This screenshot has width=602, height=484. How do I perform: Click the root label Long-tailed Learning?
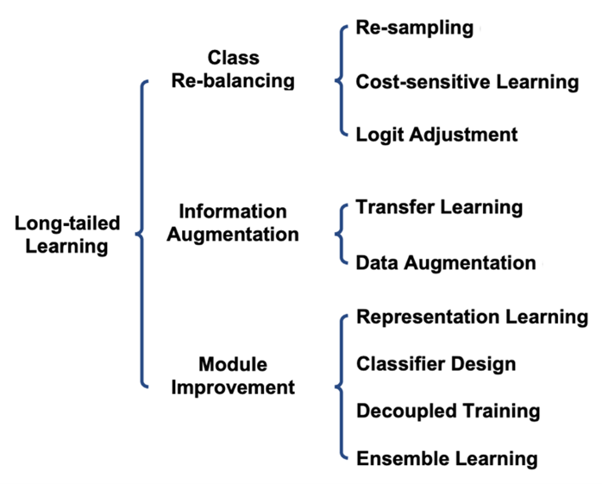(67, 235)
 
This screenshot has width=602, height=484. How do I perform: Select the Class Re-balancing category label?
(233, 70)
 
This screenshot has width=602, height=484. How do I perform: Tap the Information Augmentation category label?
(233, 223)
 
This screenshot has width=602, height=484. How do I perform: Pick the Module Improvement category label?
(233, 376)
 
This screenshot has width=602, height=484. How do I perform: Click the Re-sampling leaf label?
(415, 28)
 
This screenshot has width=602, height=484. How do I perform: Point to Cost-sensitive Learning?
(467, 82)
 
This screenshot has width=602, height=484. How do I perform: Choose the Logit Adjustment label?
(436, 135)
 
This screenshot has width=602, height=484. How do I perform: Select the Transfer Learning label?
(439, 208)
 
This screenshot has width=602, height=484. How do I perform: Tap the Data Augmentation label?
(446, 263)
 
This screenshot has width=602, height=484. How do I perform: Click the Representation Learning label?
(473, 317)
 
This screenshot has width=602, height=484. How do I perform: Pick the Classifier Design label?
(436, 364)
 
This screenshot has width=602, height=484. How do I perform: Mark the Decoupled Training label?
(448, 412)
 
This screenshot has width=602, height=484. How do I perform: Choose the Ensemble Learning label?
(447, 459)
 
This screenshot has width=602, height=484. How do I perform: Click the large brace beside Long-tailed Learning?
(141, 234)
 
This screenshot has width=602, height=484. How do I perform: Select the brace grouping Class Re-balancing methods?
(341, 81)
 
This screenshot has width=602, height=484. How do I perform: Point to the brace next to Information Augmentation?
(341, 234)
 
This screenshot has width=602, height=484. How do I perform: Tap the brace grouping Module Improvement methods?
(341, 387)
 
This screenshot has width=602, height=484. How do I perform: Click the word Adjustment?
(463, 135)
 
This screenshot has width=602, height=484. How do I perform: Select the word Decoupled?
(406, 412)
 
